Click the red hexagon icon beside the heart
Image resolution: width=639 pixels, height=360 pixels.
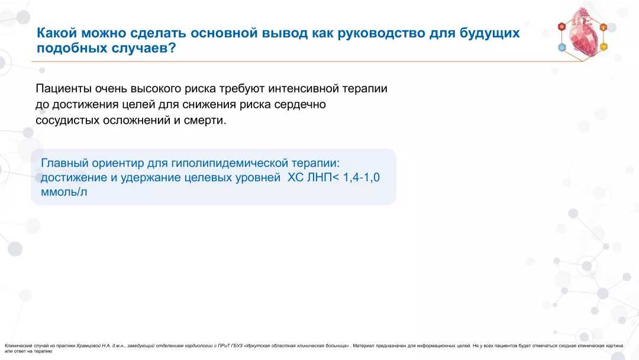[561, 27]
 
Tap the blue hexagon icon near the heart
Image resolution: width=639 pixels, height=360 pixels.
[561, 47]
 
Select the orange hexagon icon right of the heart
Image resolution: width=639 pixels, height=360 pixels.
[603, 27]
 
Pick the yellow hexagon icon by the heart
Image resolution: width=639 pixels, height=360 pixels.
[603, 47]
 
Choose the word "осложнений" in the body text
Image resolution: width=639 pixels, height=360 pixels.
[132, 120]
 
